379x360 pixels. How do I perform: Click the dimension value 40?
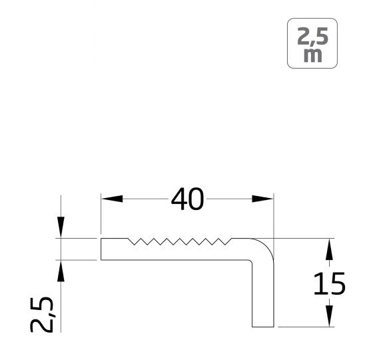click(187, 199)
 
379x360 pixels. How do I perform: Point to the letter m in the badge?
click(311, 56)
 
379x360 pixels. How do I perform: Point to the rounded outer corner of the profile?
click(268, 243)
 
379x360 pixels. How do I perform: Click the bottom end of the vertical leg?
click(263, 327)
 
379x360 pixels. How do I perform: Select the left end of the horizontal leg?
click(101, 249)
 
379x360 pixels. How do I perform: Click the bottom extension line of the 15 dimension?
click(303, 327)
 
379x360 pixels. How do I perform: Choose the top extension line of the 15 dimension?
click(303, 238)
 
